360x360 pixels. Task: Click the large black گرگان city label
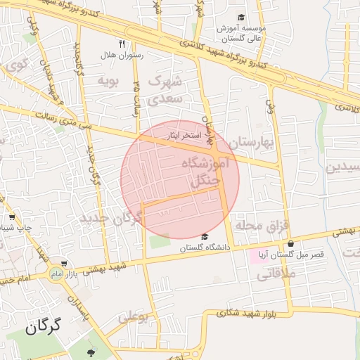click(x=43, y=326)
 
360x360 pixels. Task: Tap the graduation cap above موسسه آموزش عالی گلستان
click(x=241, y=18)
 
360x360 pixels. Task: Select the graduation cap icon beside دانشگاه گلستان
click(x=205, y=236)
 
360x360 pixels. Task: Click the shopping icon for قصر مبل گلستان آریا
click(x=290, y=243)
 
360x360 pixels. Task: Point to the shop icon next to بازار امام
click(x=64, y=264)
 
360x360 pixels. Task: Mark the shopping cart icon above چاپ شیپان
click(x=12, y=217)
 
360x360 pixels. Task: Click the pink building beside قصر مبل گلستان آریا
click(x=257, y=254)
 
